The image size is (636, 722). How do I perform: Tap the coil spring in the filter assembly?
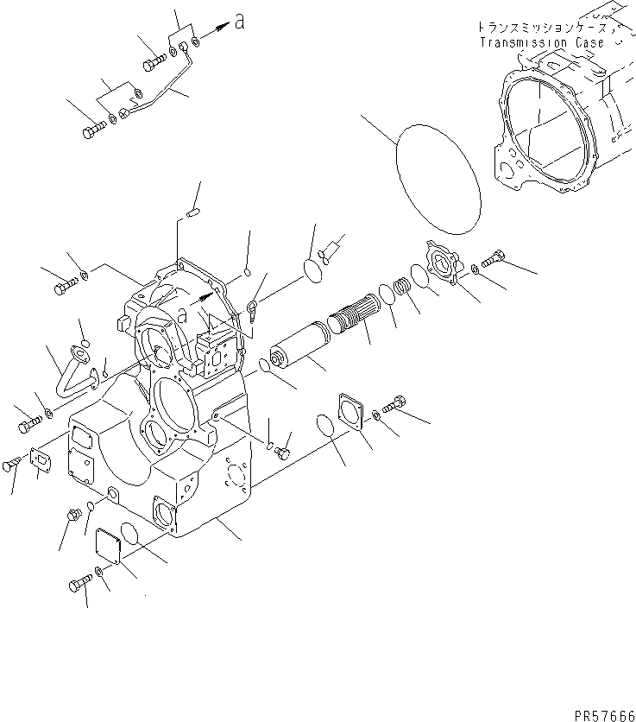[403, 287]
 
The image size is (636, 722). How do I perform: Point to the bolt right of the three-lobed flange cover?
[493, 257]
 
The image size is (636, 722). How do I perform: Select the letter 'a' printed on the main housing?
[183, 312]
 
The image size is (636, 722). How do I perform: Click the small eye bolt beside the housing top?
[251, 307]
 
